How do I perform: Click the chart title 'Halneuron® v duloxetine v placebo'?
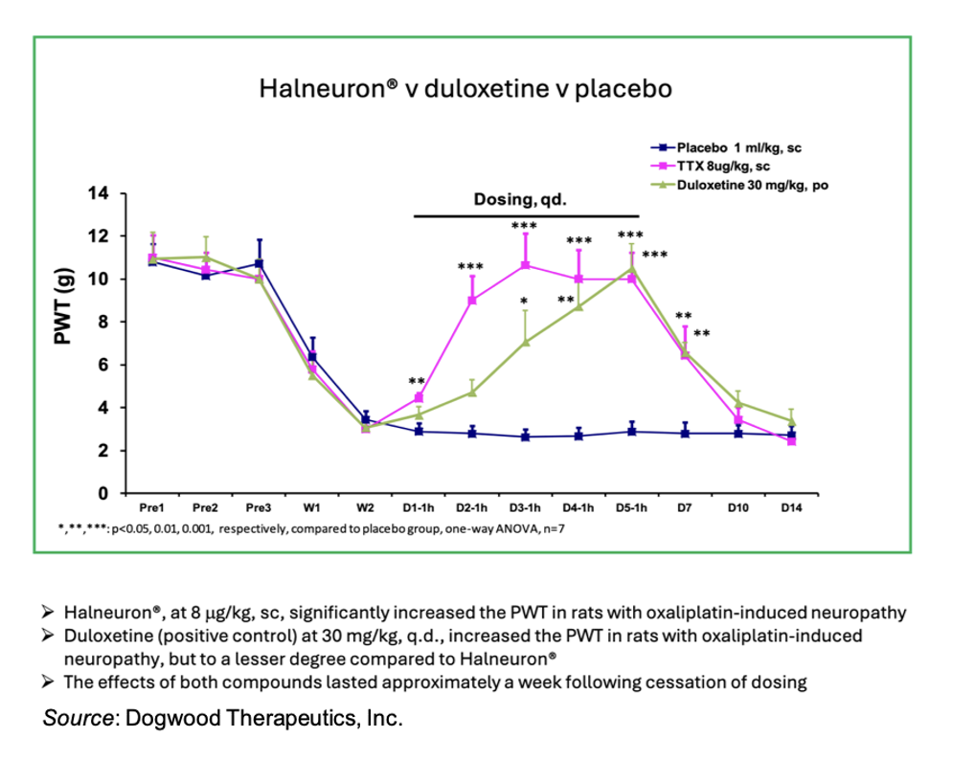pyautogui.click(x=465, y=89)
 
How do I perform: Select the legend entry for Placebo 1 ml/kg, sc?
pyautogui.click(x=737, y=148)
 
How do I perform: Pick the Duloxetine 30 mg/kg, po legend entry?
pyautogui.click(x=752, y=186)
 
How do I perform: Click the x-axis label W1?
pyautogui.click(x=311, y=508)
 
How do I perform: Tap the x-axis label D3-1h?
pyautogui.click(x=525, y=508)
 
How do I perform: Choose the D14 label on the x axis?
pyautogui.click(x=790, y=508)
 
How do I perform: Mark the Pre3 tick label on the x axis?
pyautogui.click(x=258, y=508)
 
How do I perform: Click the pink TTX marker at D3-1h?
pyautogui.click(x=525, y=265)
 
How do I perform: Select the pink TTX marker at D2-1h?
pyautogui.click(x=471, y=301)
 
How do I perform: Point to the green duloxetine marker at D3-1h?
pyautogui.click(x=525, y=342)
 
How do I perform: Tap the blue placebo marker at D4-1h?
pyautogui.click(x=578, y=436)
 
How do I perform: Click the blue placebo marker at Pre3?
pyautogui.click(x=259, y=263)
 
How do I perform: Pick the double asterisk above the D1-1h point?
pyautogui.click(x=417, y=382)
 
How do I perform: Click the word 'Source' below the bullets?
pyautogui.click(x=77, y=718)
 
